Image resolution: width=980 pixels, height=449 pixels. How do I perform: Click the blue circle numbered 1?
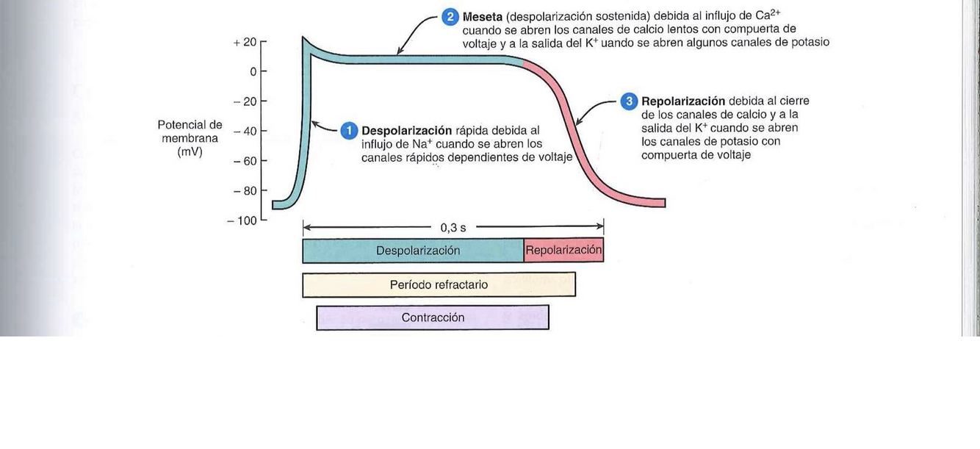point(349,131)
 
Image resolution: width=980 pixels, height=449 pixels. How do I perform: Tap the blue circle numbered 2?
point(450,17)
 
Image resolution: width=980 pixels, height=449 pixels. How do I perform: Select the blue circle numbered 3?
point(629,101)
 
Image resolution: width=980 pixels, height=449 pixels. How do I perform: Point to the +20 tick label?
point(245,43)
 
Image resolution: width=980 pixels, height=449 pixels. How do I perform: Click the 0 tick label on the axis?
point(253,72)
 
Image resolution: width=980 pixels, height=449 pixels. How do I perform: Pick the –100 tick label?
point(242,220)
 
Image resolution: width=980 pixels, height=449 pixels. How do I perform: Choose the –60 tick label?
point(245,161)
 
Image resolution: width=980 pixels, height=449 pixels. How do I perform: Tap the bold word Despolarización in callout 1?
point(406,131)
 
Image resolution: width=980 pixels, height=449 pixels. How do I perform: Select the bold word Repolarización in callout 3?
point(683,101)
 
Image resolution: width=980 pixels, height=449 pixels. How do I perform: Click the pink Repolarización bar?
point(563,251)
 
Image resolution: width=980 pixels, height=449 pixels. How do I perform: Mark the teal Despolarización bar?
point(413,251)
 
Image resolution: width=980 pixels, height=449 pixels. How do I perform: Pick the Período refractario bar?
point(439,285)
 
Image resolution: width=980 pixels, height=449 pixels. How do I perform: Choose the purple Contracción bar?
point(433,318)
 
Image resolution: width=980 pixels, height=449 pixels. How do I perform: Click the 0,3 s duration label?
point(453,228)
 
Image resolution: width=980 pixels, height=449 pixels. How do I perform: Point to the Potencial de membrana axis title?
point(190,138)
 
